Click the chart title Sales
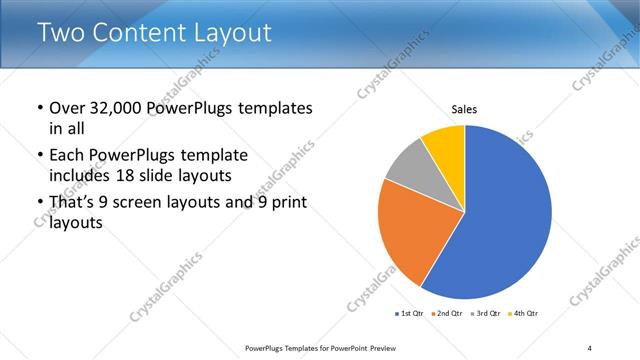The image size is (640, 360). coord(463,108)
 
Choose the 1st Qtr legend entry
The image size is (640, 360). coord(410,314)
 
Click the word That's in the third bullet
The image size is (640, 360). coord(73,204)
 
